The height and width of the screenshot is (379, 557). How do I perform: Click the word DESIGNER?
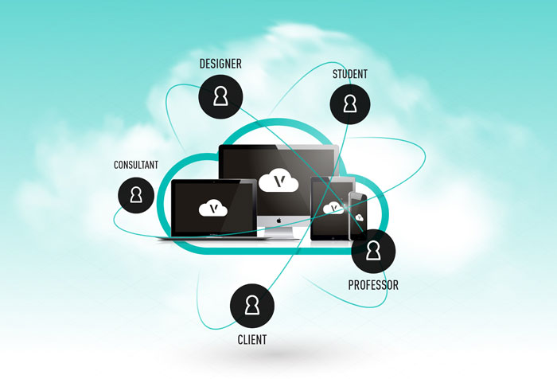click(220, 64)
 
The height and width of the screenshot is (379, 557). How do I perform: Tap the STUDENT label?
click(350, 75)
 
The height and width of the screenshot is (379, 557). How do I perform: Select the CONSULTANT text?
click(136, 165)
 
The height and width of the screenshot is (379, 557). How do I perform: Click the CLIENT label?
click(252, 340)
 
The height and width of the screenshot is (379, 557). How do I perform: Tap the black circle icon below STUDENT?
click(350, 104)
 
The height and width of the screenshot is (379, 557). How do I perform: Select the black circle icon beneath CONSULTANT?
click(136, 195)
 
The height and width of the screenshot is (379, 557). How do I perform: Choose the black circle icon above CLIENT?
click(252, 305)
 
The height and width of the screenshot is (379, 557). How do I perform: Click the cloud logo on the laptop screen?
click(212, 209)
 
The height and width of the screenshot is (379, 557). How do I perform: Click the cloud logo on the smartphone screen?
click(360, 216)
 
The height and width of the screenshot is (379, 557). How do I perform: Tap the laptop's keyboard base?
click(212, 237)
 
